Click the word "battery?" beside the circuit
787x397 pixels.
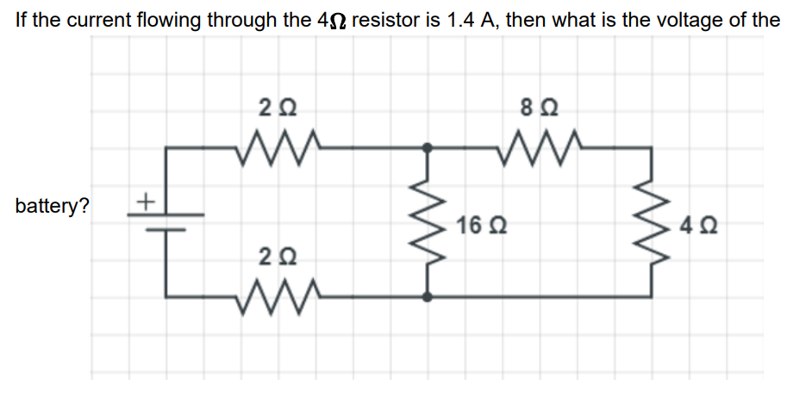[x=51, y=208]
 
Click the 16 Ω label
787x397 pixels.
[x=477, y=227]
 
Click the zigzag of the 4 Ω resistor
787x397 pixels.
[x=651, y=222]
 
